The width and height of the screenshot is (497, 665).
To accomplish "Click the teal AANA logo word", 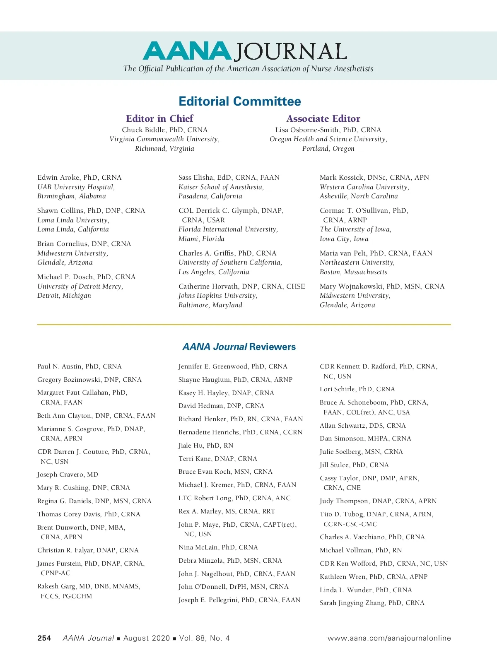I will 187,51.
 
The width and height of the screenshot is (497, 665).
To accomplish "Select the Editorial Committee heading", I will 240,101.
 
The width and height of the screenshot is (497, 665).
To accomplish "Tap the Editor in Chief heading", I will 159,118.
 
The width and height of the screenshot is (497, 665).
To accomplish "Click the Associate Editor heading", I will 323,119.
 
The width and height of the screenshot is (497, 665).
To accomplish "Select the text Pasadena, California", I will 210,196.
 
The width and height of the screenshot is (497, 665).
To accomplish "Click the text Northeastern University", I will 357,263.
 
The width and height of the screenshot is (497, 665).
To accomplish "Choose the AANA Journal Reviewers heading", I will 239,347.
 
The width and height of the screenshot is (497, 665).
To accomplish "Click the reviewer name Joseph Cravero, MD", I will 68,475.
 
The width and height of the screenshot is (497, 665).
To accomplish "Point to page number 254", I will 44,638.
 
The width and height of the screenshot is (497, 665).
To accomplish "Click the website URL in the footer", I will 389,638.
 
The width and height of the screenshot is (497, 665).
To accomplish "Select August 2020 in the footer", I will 147,638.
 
